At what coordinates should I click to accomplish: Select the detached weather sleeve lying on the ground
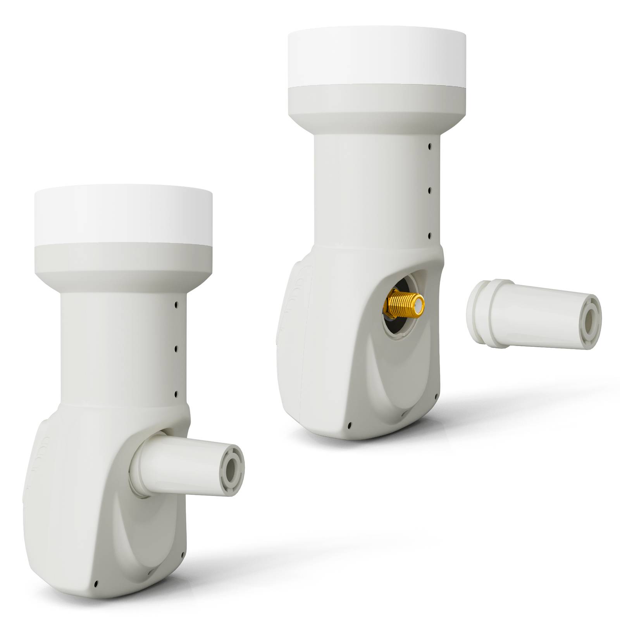point(535,313)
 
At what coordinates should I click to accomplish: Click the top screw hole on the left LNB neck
point(176,305)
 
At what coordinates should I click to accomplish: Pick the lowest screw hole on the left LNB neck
point(176,393)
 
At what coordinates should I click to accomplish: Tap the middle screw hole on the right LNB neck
point(429,191)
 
